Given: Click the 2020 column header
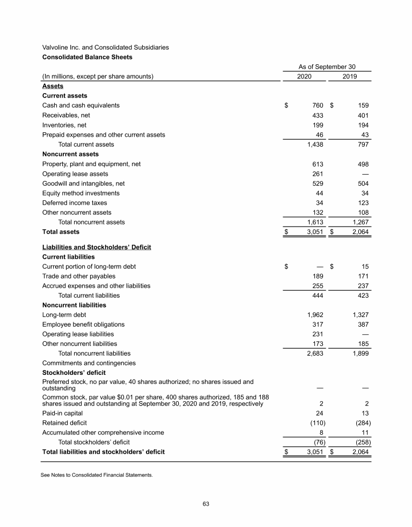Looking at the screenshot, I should pos(304,77).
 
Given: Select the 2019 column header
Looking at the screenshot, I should pos(350,77).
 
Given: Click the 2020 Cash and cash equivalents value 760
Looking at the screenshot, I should pos(317,106).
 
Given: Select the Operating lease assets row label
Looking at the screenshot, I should pos(75,174).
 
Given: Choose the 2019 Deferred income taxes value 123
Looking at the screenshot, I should pos(362,203).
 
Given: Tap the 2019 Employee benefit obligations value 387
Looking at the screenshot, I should pos(362,325).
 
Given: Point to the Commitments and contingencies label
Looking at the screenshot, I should pos(89,363).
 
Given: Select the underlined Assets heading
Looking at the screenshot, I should pos(53,86).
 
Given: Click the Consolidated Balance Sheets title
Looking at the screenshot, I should pos(87,57).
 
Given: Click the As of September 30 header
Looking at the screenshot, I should pos(327,67).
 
